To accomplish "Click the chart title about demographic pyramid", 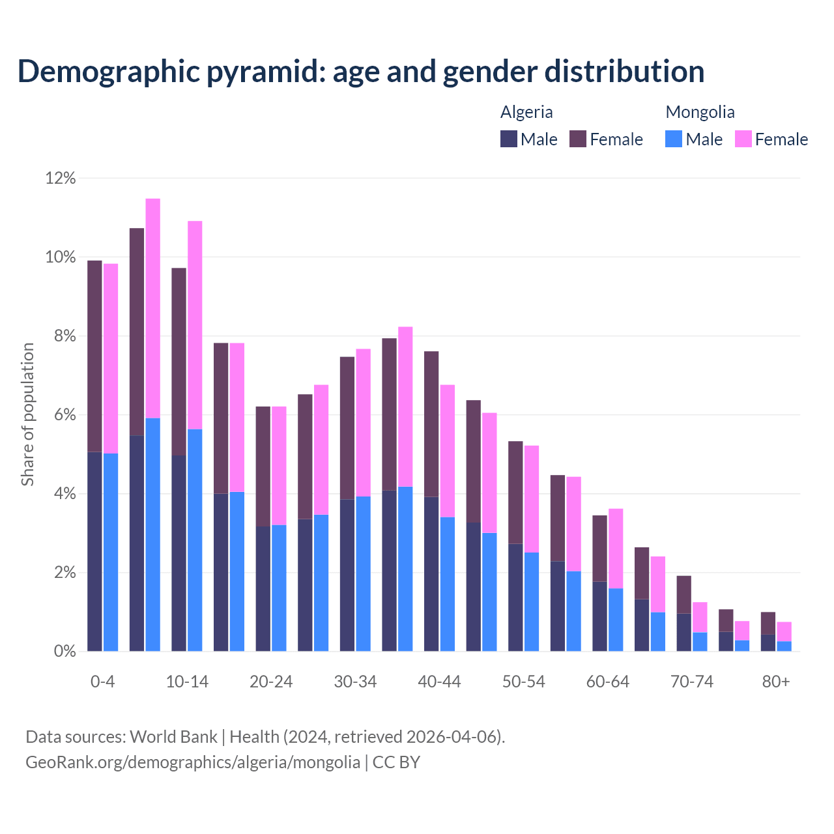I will click(x=360, y=71).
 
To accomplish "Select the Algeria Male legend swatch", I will click(x=508, y=139).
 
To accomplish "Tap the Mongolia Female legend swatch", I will click(x=743, y=139).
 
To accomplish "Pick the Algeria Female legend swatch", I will click(x=578, y=139).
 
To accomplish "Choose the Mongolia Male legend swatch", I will click(x=674, y=139).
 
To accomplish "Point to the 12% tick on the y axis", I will click(x=61, y=178).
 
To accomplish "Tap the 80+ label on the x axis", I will click(x=776, y=682).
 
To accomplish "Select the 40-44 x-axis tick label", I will click(x=439, y=682).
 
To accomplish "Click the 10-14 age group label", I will click(x=187, y=682).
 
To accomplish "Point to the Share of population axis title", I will click(x=27, y=414).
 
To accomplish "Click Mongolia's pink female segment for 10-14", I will click(x=195, y=324).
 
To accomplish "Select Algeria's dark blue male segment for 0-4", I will click(x=94, y=551).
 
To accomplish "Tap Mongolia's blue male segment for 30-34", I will click(x=363, y=573).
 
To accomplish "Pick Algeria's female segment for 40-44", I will click(x=431, y=424).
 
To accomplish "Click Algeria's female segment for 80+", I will click(x=768, y=623).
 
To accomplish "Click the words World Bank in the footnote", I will click(x=173, y=737).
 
